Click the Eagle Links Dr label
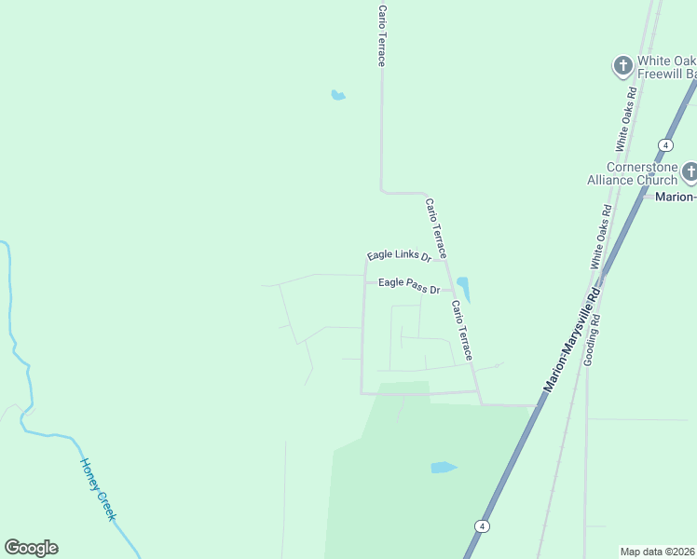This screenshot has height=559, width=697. click(398, 255)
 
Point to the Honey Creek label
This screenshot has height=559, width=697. click(98, 489)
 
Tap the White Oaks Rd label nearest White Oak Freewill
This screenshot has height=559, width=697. click(627, 119)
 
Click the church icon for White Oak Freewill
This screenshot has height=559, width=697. click(622, 65)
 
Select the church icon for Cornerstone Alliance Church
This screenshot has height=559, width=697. click(689, 171)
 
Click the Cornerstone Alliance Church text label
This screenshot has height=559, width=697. click(631, 173)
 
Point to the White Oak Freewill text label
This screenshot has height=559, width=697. click(665, 67)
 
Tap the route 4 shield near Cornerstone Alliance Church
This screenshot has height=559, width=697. click(665, 145)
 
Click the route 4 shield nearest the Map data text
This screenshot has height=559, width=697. click(482, 525)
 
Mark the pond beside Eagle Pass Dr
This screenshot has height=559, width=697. click(463, 288)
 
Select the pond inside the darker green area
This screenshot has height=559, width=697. click(444, 468)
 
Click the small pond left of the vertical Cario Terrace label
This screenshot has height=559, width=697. click(337, 95)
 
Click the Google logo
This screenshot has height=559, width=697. click(31, 548)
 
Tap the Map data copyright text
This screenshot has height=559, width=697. click(657, 552)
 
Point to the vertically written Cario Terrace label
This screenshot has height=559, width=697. click(381, 35)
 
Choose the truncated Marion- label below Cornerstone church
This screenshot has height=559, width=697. click(674, 197)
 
